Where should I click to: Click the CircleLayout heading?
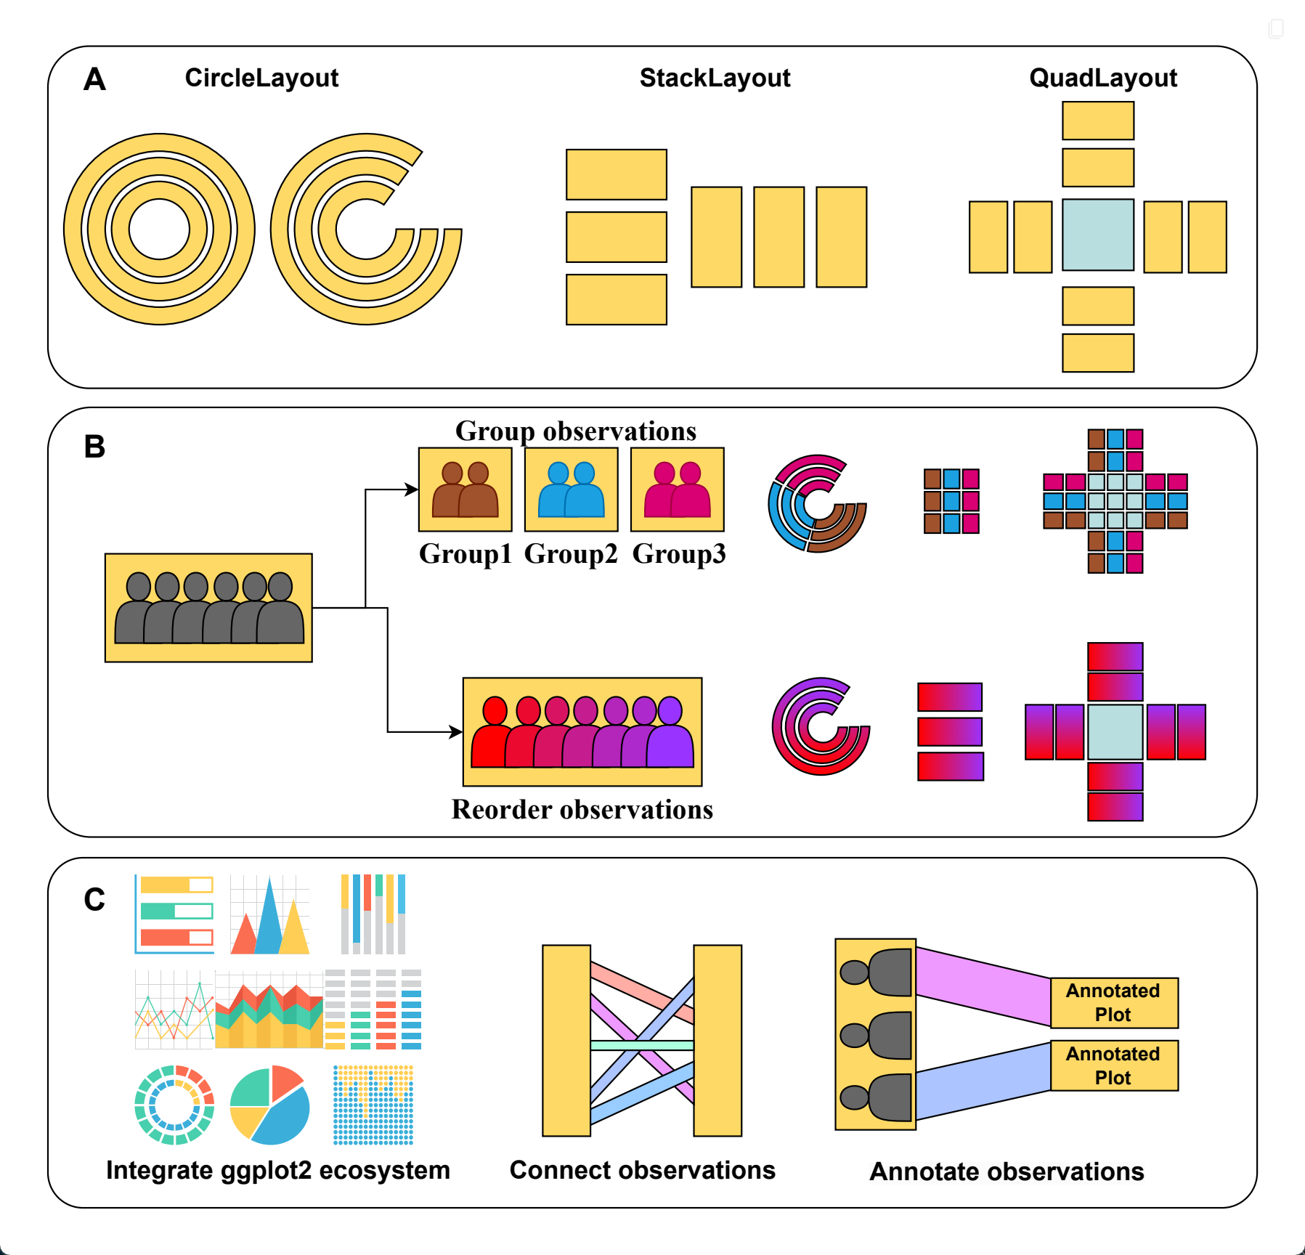pos(261,78)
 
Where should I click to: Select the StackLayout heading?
pos(715,78)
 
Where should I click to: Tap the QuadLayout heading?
pos(1102,78)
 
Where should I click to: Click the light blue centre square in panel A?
pos(1097,235)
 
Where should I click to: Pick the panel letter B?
pos(94,447)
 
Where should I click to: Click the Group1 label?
pos(465,554)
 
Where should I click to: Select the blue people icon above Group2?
pos(571,490)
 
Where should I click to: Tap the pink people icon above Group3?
pos(678,490)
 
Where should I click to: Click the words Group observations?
pos(576,431)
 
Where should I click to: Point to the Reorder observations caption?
pos(582,810)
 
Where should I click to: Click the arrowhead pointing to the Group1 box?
pos(412,490)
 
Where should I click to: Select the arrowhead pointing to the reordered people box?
pos(457,731)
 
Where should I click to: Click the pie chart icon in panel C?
pos(269,1105)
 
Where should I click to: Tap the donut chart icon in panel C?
pos(174,1105)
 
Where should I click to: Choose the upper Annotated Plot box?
pos(1113,1002)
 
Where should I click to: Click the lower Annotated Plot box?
pos(1113,1065)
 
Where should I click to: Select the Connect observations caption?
pos(642,1170)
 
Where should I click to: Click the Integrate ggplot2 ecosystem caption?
pos(278,1170)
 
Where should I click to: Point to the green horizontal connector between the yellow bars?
pos(642,1045)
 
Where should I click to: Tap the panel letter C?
pos(94,900)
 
